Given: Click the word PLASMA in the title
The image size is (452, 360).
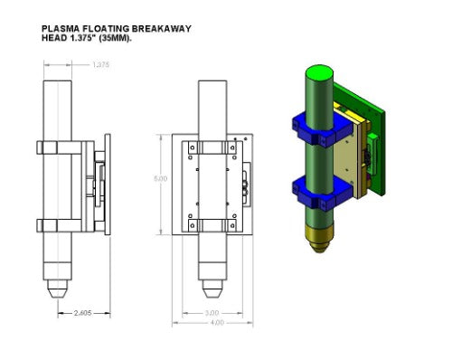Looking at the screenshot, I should tap(61, 28).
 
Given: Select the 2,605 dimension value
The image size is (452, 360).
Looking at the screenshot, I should tap(82, 314).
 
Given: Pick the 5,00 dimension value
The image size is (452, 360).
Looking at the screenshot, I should tap(161, 178).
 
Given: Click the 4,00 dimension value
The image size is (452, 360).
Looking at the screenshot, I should tap(215, 324).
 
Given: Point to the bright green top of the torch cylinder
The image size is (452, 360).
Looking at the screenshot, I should tap(318, 71).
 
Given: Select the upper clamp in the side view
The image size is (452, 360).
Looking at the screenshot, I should tap(59, 148).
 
